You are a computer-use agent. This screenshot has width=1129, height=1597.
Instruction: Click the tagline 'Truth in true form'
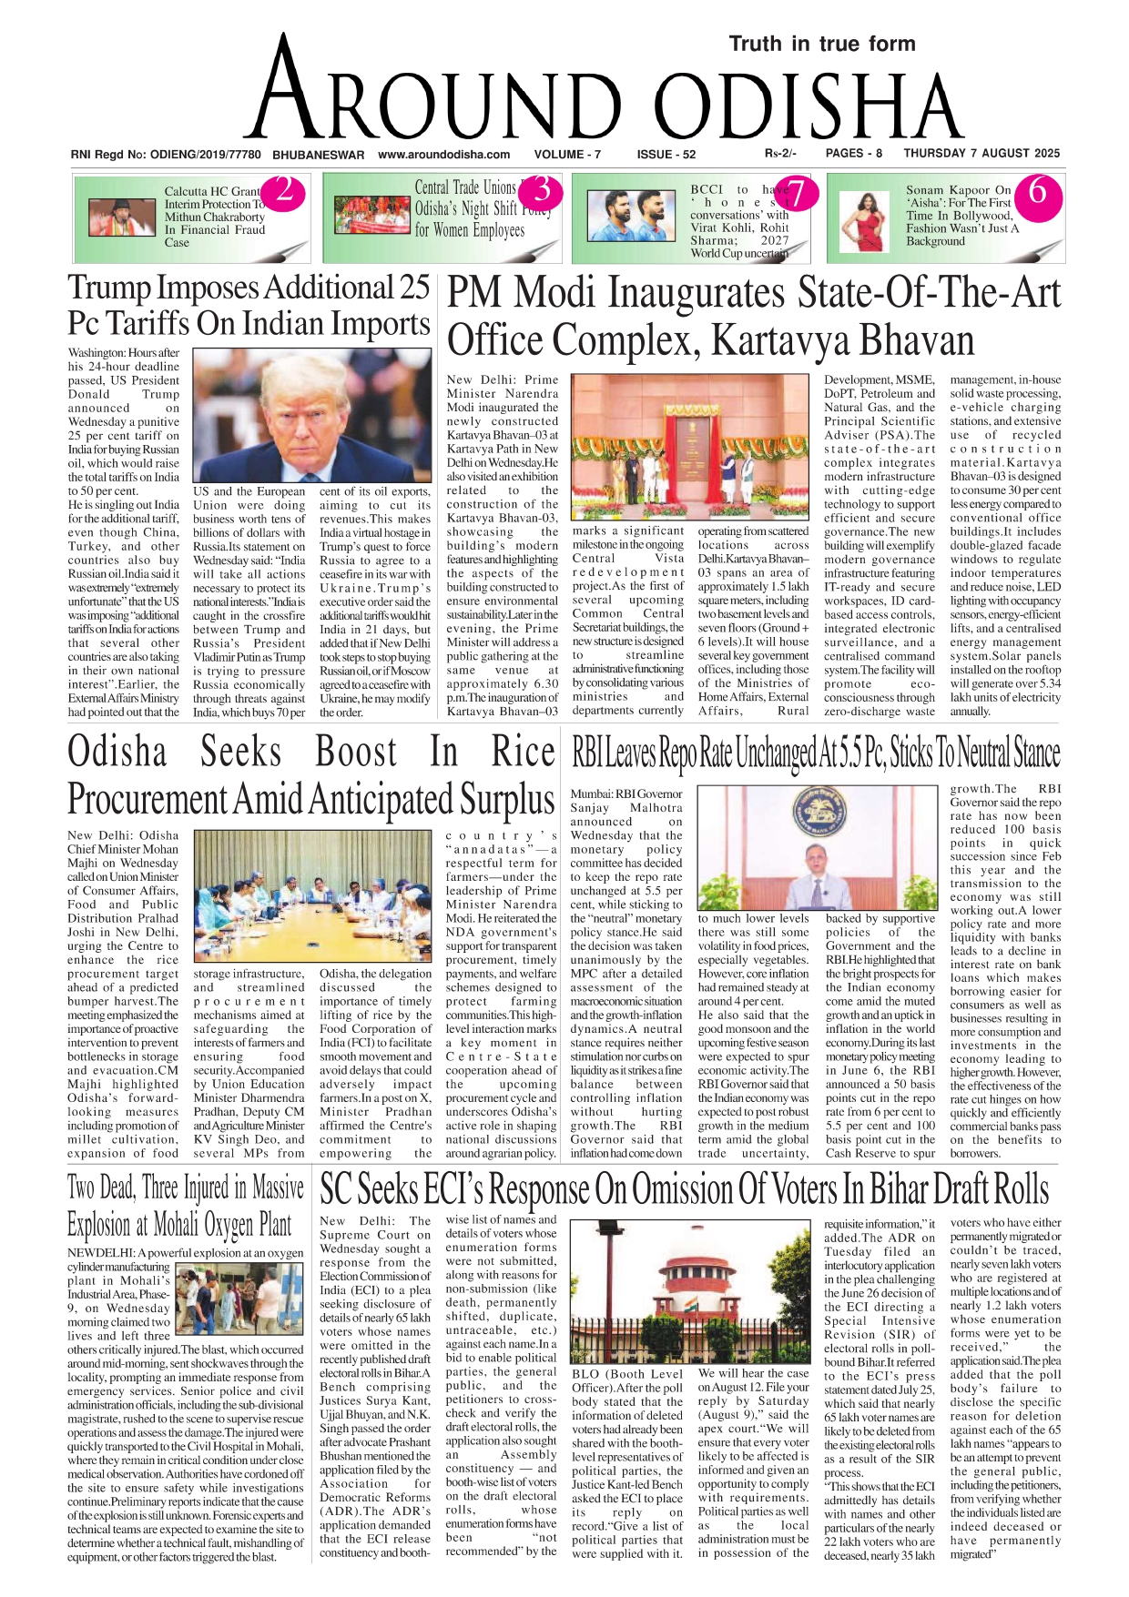pos(821,44)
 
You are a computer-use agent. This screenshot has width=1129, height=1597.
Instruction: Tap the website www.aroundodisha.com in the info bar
pos(443,155)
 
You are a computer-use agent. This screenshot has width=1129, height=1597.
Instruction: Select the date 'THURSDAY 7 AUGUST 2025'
pos(982,154)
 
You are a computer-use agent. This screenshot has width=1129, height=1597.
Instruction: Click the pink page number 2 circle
pos(284,192)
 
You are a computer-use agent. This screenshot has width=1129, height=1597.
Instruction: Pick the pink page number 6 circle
pos(1037,192)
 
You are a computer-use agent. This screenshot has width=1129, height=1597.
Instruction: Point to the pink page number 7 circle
pos(796,192)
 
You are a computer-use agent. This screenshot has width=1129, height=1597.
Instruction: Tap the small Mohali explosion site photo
pos(239,1299)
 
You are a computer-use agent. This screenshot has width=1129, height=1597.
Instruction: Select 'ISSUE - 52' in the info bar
pos(666,155)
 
